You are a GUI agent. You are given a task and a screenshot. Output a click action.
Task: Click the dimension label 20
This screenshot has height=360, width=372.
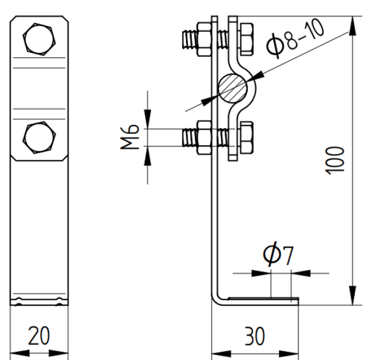tap(39, 335)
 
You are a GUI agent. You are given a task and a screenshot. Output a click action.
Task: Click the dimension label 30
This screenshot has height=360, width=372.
tap(254, 336)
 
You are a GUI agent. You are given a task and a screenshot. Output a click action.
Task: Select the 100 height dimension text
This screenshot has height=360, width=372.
tap(335, 161)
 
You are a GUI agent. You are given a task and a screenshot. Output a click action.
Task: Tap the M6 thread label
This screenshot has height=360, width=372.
tap(129, 137)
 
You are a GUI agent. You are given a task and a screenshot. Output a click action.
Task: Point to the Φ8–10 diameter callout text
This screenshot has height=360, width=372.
tap(295, 39)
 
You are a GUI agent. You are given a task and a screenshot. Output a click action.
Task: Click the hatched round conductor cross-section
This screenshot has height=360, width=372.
tap(233, 88)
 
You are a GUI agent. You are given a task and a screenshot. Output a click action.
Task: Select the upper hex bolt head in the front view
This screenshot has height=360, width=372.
tap(39, 39)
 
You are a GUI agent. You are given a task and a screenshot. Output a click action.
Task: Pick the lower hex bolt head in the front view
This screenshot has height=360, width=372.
tap(39, 138)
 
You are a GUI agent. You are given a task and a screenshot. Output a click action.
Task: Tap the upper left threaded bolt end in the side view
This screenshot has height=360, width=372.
tap(190, 39)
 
